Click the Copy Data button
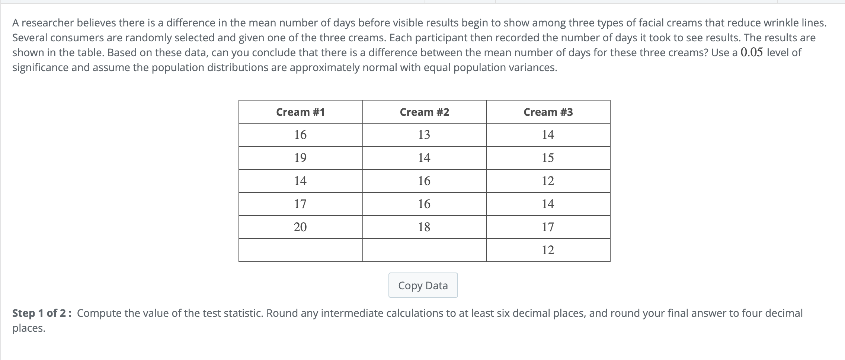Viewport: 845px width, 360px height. (x=423, y=286)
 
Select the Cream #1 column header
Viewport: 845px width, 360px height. (x=300, y=112)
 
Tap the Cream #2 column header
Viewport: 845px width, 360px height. (x=424, y=112)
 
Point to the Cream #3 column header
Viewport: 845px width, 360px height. (x=548, y=112)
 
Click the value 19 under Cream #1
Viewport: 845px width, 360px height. (x=300, y=158)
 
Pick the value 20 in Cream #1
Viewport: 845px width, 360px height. (x=300, y=227)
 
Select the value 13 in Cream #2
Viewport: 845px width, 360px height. (x=424, y=135)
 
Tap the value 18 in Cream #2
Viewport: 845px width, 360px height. (x=424, y=227)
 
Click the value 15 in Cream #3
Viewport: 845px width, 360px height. (x=548, y=158)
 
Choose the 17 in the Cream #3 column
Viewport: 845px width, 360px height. (x=548, y=227)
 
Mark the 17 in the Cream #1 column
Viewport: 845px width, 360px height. (x=300, y=204)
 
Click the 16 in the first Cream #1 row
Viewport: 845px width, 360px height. (x=300, y=135)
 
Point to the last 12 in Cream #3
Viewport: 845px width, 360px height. (x=548, y=250)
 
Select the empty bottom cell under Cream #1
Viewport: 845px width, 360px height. (x=300, y=250)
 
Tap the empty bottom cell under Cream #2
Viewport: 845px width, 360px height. (x=424, y=250)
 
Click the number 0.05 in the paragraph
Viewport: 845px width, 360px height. (x=752, y=52)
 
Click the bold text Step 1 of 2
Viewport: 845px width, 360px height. (x=39, y=313)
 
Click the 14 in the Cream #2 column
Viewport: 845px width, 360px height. (x=424, y=158)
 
